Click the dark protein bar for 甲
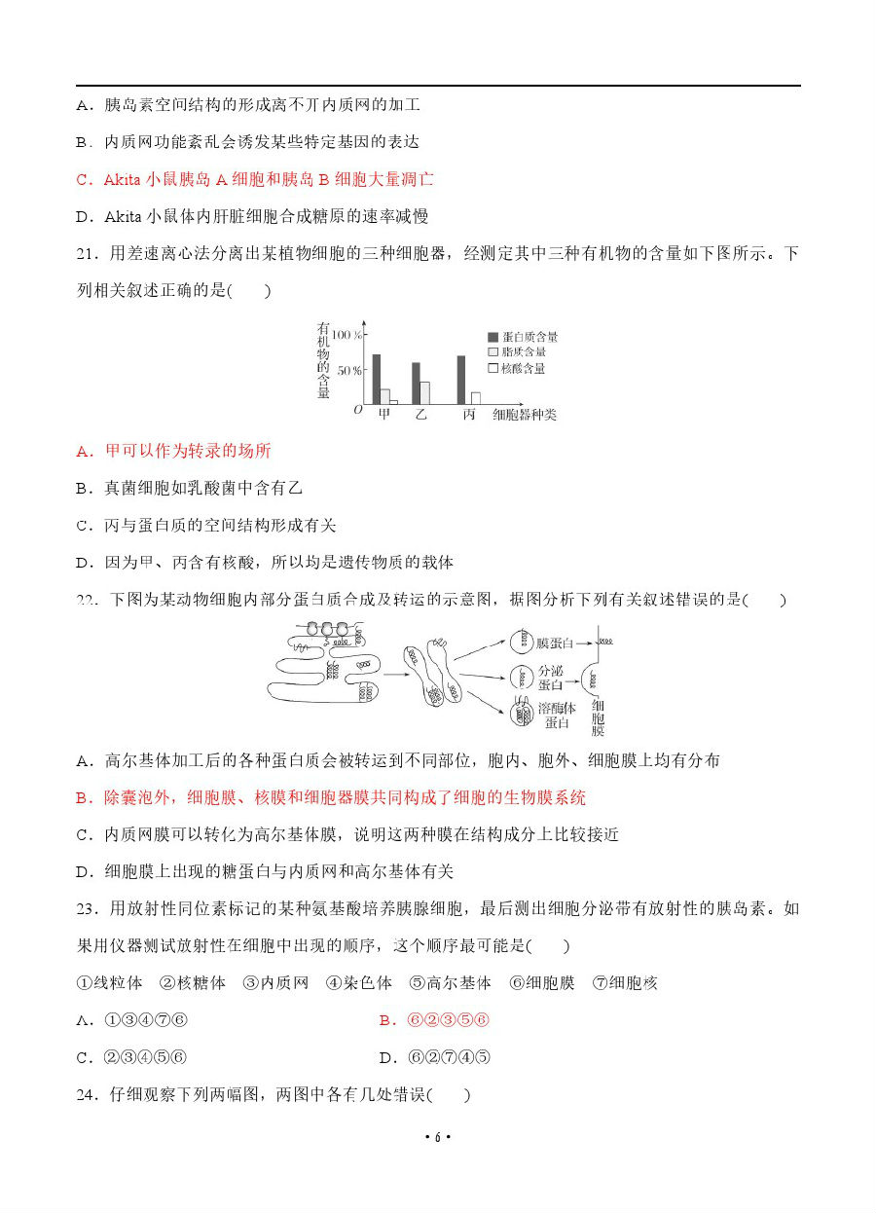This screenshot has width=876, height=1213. pos(377,379)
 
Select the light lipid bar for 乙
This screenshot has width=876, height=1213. pos(424,392)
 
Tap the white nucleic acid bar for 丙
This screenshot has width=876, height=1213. pos(475,397)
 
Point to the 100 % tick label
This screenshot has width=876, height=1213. pos(348,334)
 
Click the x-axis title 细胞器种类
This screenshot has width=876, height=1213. pos(525,415)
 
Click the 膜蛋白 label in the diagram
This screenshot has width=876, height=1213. pos(555,643)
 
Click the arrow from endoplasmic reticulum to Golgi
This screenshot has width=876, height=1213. pos(394,675)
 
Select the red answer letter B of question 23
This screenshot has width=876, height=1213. pos(385,1020)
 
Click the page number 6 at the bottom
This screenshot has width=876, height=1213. pos(438,1137)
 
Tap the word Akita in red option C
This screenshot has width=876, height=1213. pos(123,179)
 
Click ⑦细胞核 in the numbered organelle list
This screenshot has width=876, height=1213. pos(626,983)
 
